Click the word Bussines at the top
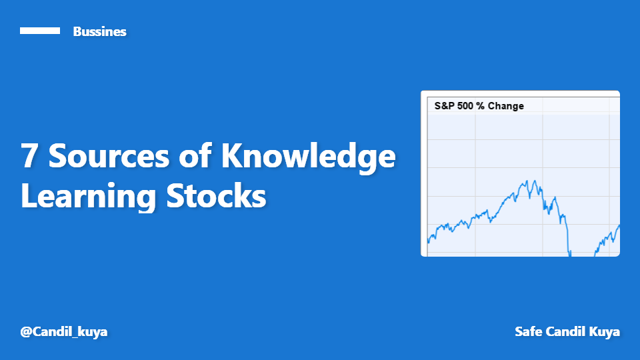tap(99, 31)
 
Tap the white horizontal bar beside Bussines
tap(40, 31)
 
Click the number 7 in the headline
tap(29, 157)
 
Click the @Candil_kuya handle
tap(64, 331)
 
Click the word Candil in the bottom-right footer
tap(563, 331)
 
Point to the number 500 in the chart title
tap(467, 106)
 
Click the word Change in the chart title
tap(506, 106)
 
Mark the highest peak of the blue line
tap(528, 181)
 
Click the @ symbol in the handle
tap(26, 331)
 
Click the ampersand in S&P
tap(444, 106)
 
